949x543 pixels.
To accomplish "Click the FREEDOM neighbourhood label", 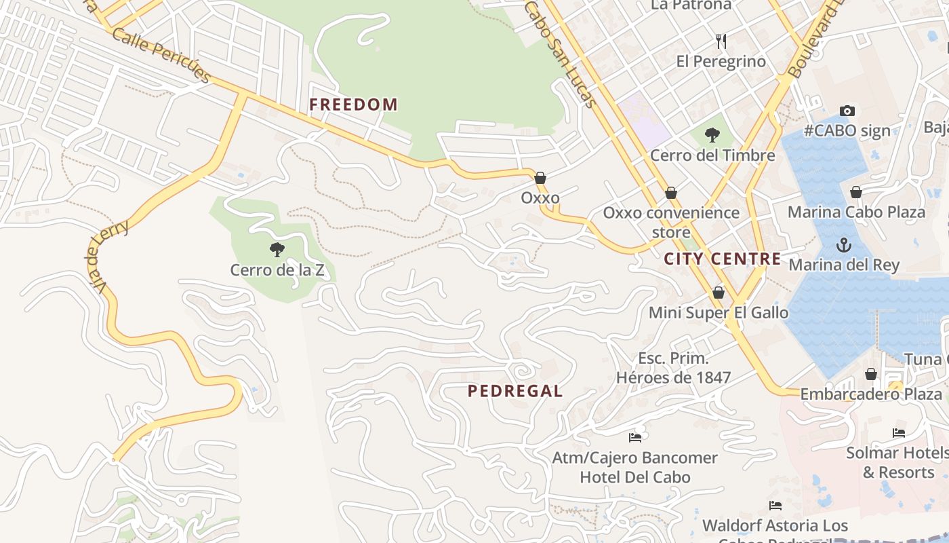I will pyautogui.click(x=353, y=105).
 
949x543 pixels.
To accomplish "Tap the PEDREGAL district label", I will pyautogui.click(x=515, y=391).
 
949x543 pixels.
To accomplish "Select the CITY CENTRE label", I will pyautogui.click(x=722, y=259).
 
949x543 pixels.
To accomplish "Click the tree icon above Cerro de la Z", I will pyautogui.click(x=277, y=249).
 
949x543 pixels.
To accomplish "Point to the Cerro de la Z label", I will pyautogui.click(x=277, y=270).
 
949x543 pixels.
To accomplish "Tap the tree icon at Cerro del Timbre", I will pyautogui.click(x=712, y=135).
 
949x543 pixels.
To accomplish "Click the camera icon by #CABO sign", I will pyautogui.click(x=847, y=111).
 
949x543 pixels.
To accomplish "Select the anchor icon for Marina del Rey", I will pyautogui.click(x=844, y=245).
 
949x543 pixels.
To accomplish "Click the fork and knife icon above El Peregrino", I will pyautogui.click(x=721, y=41).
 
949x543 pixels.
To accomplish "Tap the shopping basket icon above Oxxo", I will pyautogui.click(x=540, y=178).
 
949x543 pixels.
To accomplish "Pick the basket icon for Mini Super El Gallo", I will pyautogui.click(x=719, y=293).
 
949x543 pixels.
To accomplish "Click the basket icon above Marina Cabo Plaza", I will pyautogui.click(x=856, y=192).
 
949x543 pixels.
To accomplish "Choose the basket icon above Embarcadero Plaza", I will pyautogui.click(x=871, y=374).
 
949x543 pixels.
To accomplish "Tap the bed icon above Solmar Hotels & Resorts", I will pyautogui.click(x=899, y=432).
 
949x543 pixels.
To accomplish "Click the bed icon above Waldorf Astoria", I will pyautogui.click(x=775, y=506).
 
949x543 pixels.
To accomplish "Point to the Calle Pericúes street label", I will pyautogui.click(x=161, y=54).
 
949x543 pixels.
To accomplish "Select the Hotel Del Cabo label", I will pyautogui.click(x=634, y=477).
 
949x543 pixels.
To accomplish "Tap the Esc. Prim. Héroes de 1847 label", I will pyautogui.click(x=673, y=368).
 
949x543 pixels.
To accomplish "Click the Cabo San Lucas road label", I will pyautogui.click(x=561, y=54).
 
